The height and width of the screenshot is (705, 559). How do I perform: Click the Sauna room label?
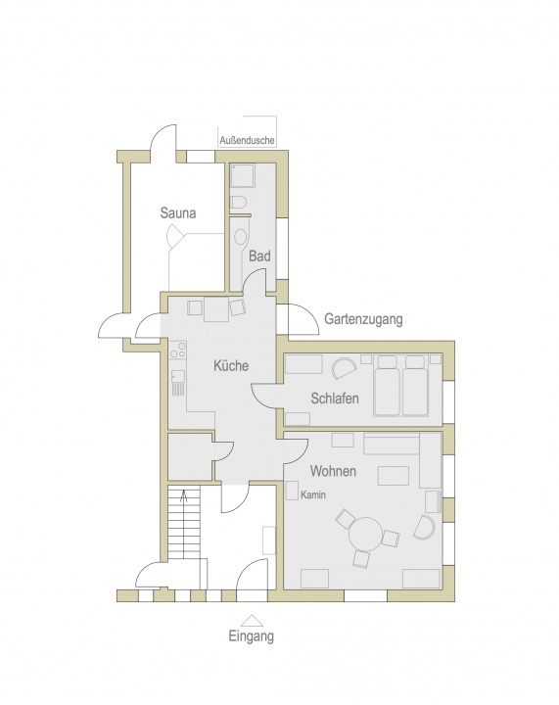[178, 212]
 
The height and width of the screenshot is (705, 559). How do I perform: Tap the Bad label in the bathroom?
[259, 256]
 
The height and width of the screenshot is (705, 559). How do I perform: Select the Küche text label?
[231, 365]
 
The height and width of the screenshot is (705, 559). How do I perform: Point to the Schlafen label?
[335, 398]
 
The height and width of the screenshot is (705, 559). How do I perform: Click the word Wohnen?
[333, 471]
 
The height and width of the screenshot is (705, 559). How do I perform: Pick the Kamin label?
[313, 495]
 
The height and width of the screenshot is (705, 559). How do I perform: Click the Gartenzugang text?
[363, 319]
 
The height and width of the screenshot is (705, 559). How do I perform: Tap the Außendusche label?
[247, 140]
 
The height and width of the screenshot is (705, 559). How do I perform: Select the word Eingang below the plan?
[252, 636]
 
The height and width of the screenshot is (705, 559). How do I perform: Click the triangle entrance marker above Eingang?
[252, 621]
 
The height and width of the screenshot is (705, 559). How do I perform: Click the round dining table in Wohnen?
[366, 534]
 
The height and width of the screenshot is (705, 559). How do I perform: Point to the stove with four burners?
[178, 350]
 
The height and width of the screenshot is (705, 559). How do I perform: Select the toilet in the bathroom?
[238, 203]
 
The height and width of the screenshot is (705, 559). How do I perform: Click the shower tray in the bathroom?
[243, 176]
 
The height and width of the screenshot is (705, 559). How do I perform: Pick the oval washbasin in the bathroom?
[241, 237]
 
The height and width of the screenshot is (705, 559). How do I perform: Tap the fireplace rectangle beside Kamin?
[292, 491]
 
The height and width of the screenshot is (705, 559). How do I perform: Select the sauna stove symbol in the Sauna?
[175, 235]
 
